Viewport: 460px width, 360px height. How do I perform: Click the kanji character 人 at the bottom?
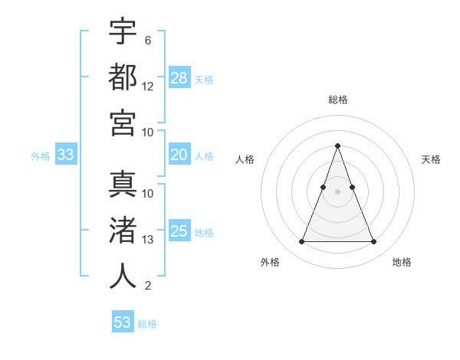point(123,275)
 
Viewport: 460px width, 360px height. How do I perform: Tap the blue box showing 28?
point(179,77)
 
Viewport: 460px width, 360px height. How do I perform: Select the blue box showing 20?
point(179,155)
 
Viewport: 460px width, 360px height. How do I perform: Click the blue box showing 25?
point(179,231)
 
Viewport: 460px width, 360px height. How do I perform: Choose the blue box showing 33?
point(66,155)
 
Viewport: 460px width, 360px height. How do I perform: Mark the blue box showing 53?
point(123,322)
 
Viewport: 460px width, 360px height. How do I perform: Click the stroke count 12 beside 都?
point(148,87)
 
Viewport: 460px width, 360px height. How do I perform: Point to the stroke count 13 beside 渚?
point(148,240)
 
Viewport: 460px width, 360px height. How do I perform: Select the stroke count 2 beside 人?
point(148,286)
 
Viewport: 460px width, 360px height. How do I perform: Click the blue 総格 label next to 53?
point(147,324)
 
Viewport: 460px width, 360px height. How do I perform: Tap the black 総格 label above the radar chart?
point(337,100)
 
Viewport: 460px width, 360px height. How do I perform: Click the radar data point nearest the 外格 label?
point(301,242)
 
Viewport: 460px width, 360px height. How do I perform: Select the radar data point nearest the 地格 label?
point(373,242)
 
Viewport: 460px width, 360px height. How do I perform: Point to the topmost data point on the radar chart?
point(337,146)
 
